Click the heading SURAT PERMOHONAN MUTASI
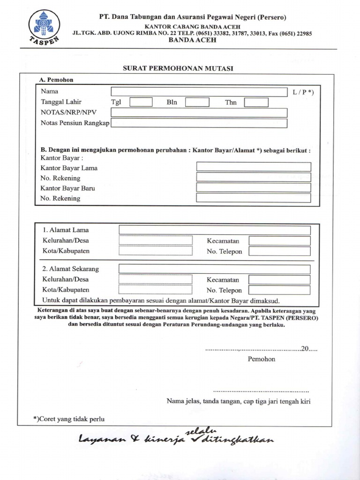pos(178,68)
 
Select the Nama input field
pos(199,91)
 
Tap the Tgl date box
pos(141,102)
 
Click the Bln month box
pos(197,102)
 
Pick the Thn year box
pos(256,102)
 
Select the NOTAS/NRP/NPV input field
pos(199,113)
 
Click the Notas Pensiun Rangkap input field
pos(199,123)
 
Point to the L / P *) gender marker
pos(303,92)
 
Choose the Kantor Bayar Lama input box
pos(254,167)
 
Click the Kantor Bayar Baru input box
pos(254,187)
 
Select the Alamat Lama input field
pos(215,230)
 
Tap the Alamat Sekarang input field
pos(215,269)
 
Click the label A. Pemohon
pos(56,80)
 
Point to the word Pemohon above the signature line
pos(262,359)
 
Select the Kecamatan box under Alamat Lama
pos(280,241)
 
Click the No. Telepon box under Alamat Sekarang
pos(280,290)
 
